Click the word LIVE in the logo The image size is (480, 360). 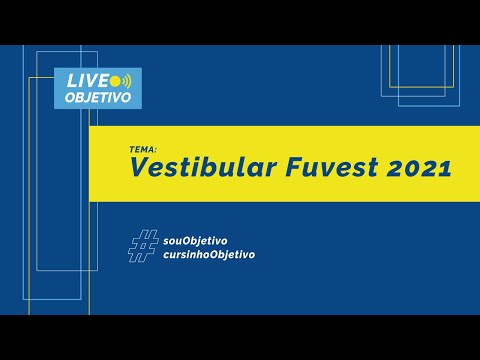pyautogui.click(x=86, y=80)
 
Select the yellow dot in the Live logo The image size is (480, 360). pyautogui.click(x=115, y=80)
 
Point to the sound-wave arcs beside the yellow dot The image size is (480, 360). pyautogui.click(x=124, y=80)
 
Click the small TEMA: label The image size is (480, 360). pyautogui.click(x=143, y=147)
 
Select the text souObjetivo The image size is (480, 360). pyautogui.click(x=195, y=240)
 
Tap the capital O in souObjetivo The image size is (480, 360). pyautogui.click(x=184, y=240)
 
